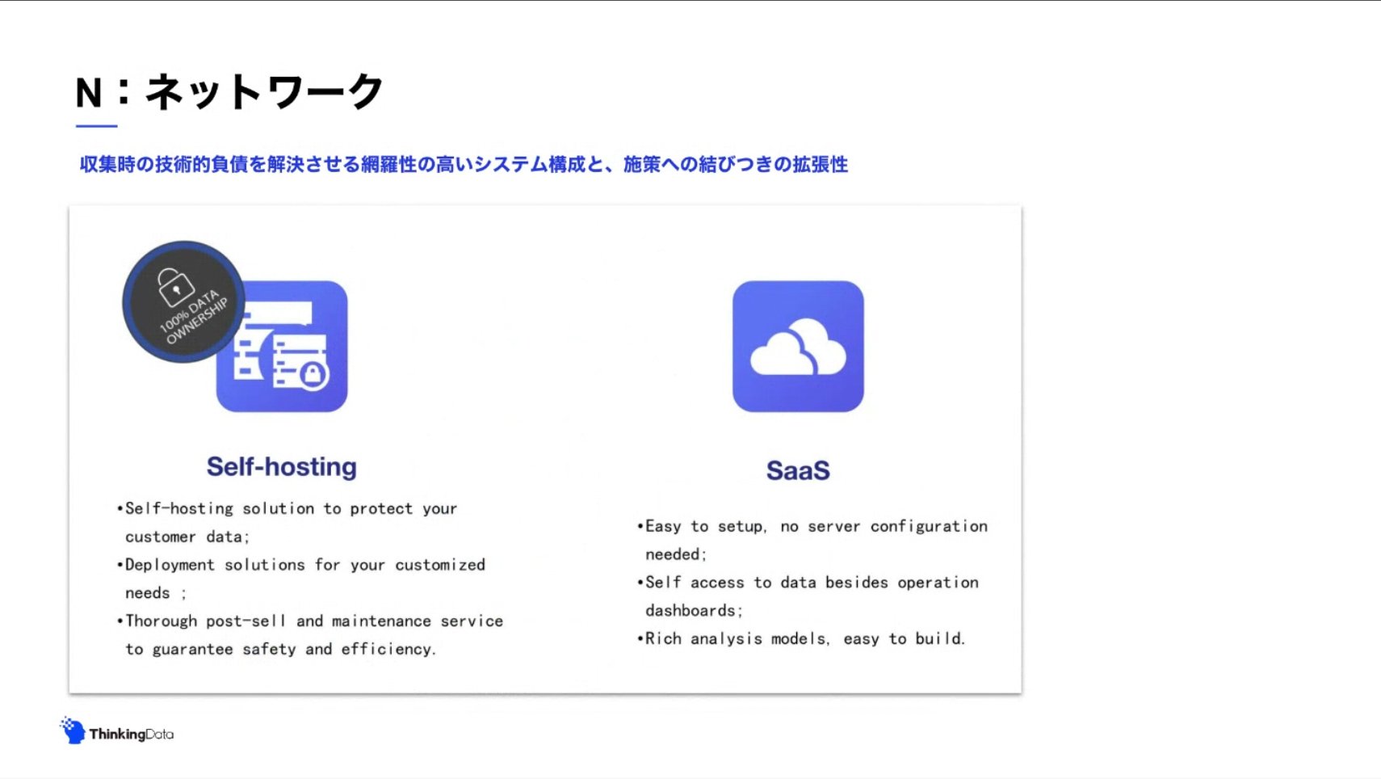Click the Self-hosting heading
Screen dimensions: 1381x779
[281, 467]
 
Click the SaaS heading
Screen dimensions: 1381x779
[798, 470]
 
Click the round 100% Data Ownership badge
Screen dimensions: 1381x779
[183, 301]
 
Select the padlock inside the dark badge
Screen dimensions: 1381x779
[175, 287]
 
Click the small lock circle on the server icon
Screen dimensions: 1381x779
[313, 374]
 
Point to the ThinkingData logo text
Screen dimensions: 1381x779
[132, 734]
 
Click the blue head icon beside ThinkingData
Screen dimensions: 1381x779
[73, 731]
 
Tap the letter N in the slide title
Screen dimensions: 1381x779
[88, 93]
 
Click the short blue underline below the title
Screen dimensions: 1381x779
[97, 126]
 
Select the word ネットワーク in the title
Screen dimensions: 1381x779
[264, 92]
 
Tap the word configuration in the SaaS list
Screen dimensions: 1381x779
[929, 527]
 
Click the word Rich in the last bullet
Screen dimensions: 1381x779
[663, 638]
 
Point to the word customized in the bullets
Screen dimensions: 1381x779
[440, 565]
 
